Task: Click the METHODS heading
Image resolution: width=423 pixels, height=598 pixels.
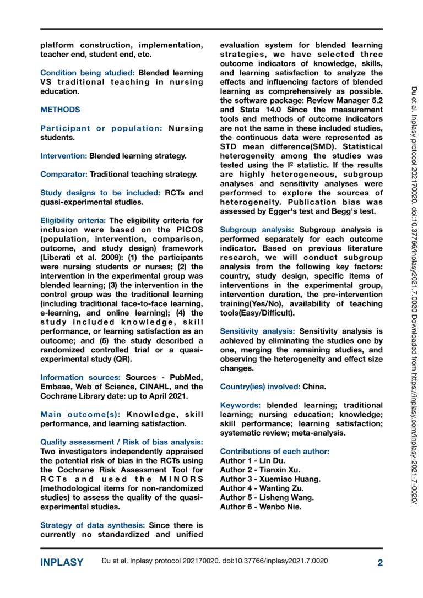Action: click(x=60, y=110)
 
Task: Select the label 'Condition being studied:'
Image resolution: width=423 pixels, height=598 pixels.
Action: click(x=88, y=73)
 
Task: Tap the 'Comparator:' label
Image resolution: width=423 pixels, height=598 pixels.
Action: click(x=63, y=175)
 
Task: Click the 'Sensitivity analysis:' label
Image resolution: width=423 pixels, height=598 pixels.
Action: click(x=257, y=331)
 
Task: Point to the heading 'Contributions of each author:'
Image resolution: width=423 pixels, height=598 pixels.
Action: click(x=274, y=452)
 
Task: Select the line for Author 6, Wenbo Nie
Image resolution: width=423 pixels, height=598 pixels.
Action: click(x=261, y=507)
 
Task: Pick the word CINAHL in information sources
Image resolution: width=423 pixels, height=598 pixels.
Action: click(x=161, y=387)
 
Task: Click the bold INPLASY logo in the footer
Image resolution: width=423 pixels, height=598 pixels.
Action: click(x=62, y=562)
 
